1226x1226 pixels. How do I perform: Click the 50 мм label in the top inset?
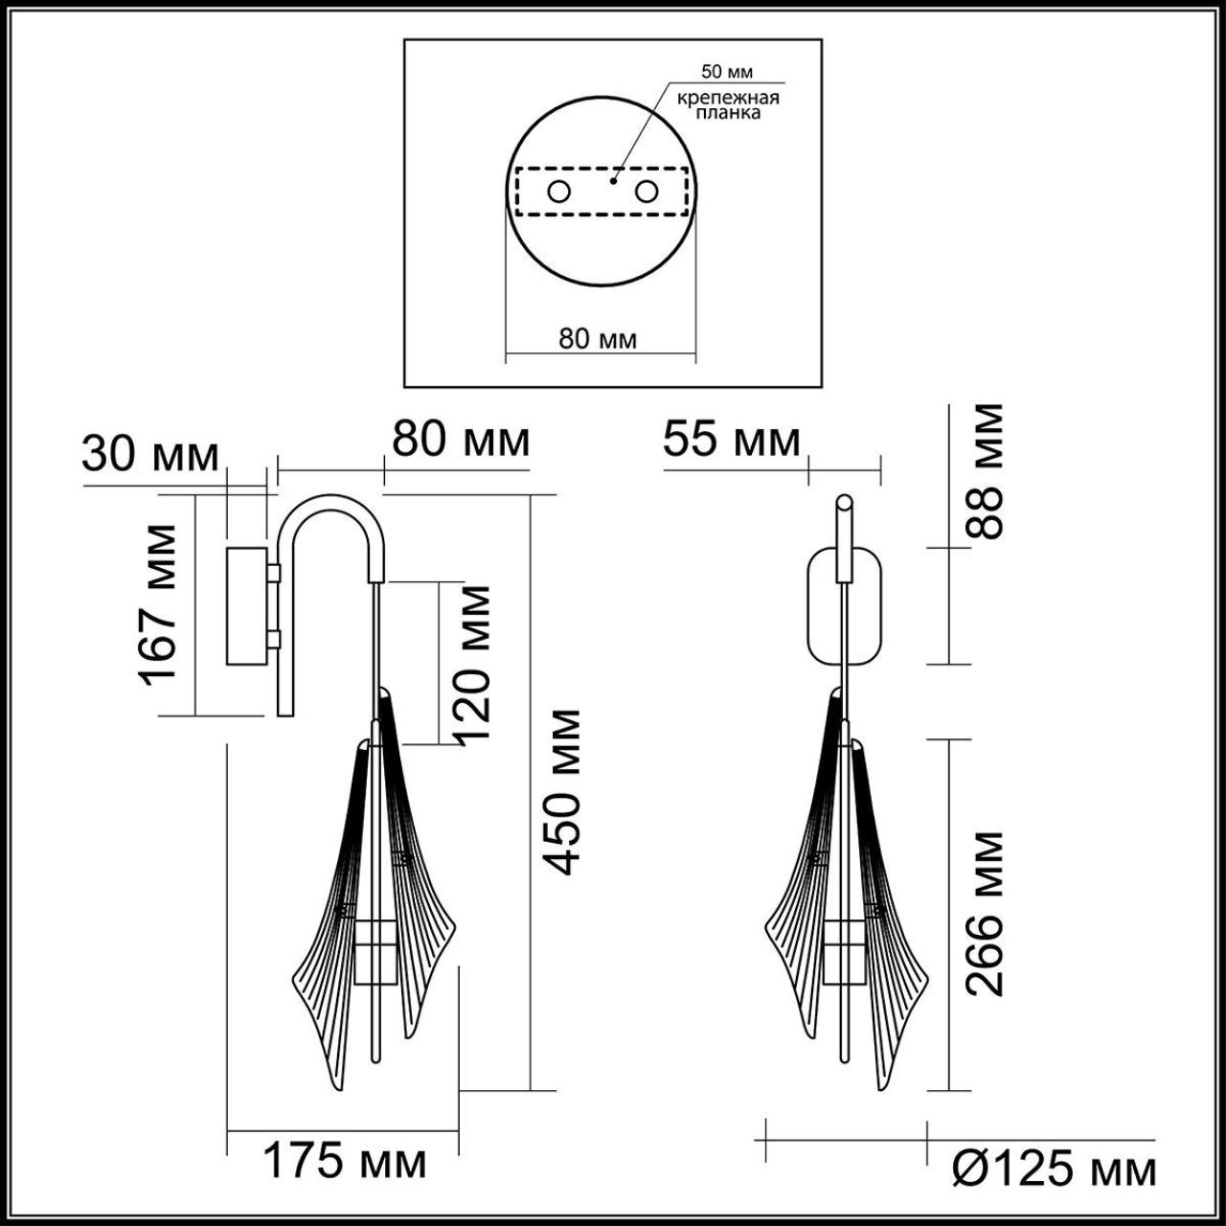(x=727, y=72)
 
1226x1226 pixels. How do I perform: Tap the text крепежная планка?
(x=728, y=105)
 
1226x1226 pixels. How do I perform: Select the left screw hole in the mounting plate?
(x=558, y=192)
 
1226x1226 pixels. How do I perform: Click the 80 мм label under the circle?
(x=598, y=339)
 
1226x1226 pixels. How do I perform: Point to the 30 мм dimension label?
(x=150, y=455)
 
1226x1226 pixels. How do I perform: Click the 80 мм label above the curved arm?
(x=460, y=441)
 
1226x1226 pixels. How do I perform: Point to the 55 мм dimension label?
(x=731, y=441)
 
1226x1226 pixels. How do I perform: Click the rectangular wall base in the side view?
(x=247, y=605)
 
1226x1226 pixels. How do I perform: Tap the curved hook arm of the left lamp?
(x=330, y=517)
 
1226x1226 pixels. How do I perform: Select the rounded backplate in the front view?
(x=843, y=605)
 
